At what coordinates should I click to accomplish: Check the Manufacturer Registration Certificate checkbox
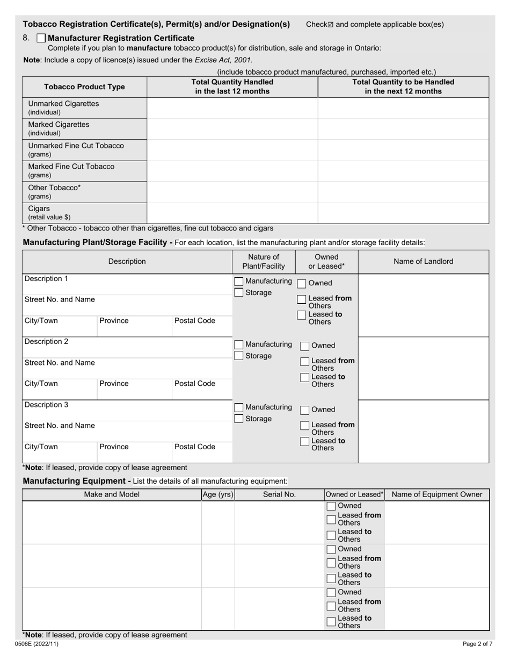[41, 38]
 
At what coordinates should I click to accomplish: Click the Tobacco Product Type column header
[84, 87]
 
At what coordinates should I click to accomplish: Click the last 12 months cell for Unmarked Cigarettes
[232, 108]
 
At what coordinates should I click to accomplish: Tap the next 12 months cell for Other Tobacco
[403, 192]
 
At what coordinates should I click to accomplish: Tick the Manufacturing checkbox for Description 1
[239, 282]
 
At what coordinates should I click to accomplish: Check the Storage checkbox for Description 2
[239, 356]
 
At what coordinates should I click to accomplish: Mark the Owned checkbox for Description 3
[304, 410]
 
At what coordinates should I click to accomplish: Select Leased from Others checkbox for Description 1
[302, 299]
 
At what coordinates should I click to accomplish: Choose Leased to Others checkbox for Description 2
[304, 378]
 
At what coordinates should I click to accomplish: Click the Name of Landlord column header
[423, 262]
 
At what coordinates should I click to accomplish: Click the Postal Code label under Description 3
[194, 447]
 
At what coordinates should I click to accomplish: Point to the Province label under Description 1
[114, 321]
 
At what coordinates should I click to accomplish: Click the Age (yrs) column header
[218, 495]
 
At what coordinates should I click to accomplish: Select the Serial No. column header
[279, 495]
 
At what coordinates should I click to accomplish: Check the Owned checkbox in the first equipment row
[332, 506]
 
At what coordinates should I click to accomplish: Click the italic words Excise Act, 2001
[223, 60]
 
